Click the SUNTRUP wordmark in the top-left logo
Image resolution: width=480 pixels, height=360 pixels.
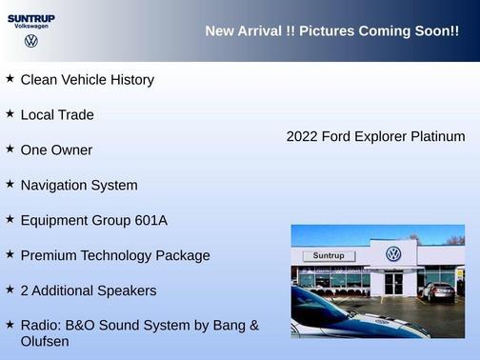[31, 17]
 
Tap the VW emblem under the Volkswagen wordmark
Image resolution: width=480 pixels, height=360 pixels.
[31, 41]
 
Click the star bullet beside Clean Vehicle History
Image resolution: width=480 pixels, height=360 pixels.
[10, 79]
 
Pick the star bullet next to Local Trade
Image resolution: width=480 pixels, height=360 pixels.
[10, 114]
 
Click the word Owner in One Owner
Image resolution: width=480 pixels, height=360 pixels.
[72, 150]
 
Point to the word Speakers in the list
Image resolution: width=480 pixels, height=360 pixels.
[125, 290]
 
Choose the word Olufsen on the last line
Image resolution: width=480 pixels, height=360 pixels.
[45, 341]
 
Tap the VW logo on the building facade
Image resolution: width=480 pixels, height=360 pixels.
[393, 254]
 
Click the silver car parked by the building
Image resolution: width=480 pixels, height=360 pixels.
[437, 291]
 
